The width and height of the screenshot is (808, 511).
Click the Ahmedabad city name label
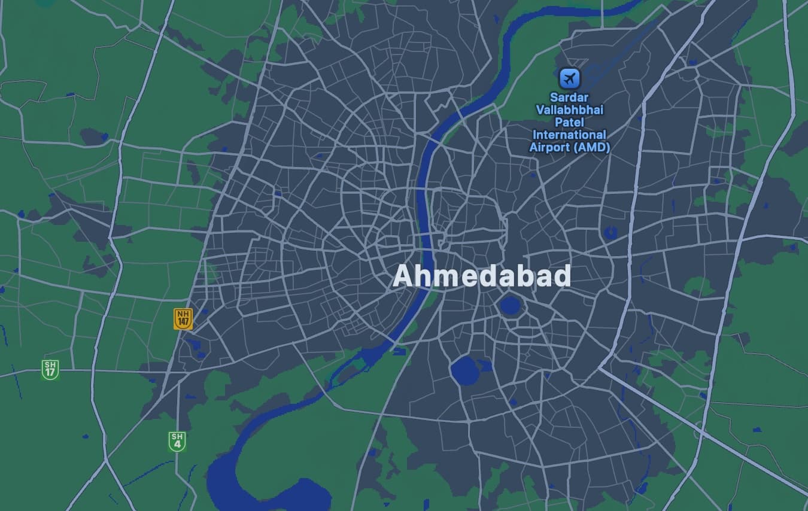pyautogui.click(x=482, y=276)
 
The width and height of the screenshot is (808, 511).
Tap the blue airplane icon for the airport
pyautogui.click(x=569, y=78)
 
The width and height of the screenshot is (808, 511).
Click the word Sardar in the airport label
pyautogui.click(x=569, y=98)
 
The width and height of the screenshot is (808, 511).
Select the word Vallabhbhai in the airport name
pyautogui.click(x=569, y=110)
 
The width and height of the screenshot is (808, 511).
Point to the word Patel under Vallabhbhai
pyautogui.click(x=569, y=122)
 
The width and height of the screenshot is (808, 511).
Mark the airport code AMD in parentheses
pyautogui.click(x=591, y=147)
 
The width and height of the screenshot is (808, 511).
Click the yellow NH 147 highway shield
pyautogui.click(x=183, y=318)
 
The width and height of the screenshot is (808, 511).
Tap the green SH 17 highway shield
pyautogui.click(x=50, y=369)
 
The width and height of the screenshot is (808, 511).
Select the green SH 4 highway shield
pyautogui.click(x=177, y=441)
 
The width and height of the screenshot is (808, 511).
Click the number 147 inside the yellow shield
pyautogui.click(x=183, y=323)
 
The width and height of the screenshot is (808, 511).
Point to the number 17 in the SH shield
pyautogui.click(x=50, y=373)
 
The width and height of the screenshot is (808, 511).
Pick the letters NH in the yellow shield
pyautogui.click(x=183, y=314)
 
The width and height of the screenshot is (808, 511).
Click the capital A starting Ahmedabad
pyautogui.click(x=404, y=276)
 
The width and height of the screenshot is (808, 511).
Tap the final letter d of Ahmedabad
pyautogui.click(x=561, y=276)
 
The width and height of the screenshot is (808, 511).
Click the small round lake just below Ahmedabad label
pyautogui.click(x=510, y=306)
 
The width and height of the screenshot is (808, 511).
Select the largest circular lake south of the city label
pyautogui.click(x=464, y=371)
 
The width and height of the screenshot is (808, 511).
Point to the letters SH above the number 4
pyautogui.click(x=177, y=437)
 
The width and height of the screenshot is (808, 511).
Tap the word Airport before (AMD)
pyautogui.click(x=549, y=147)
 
